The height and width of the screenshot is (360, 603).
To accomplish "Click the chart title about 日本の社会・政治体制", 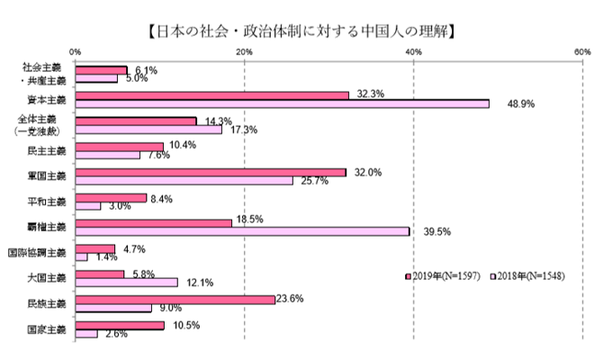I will click(301, 31).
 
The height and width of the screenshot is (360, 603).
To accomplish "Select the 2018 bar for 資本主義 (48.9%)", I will click(283, 103).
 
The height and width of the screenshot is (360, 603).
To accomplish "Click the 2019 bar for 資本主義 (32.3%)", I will click(212, 94).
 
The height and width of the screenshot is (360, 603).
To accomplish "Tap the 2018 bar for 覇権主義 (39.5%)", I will click(243, 231).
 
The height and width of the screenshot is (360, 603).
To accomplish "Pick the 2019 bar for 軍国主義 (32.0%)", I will click(211, 172).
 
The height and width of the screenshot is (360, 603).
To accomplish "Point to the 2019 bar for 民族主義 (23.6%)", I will click(175, 300).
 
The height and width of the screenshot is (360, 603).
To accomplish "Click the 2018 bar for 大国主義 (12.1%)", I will click(127, 283).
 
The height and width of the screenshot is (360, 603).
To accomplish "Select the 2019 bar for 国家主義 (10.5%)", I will click(121, 325).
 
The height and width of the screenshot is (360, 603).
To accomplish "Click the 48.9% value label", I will click(519, 104).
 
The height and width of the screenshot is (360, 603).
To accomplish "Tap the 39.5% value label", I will click(436, 231).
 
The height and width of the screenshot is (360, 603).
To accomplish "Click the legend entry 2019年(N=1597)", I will click(447, 275).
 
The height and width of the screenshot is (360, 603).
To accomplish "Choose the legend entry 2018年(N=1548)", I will click(528, 275).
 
